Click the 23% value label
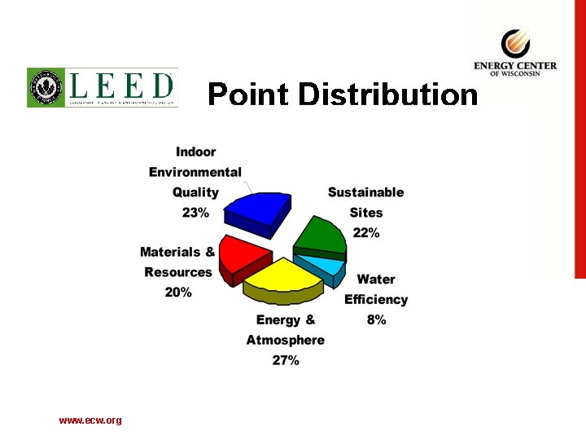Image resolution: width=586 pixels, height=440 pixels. pyautogui.click(x=195, y=212)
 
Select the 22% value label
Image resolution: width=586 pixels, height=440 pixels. pyautogui.click(x=366, y=232)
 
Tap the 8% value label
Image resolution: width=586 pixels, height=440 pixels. pyautogui.click(x=376, y=319)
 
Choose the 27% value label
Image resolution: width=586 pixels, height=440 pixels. pyautogui.click(x=286, y=359)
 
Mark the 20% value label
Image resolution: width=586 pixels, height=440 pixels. pyautogui.click(x=178, y=292)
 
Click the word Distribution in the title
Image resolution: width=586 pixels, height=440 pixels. pyautogui.click(x=387, y=95)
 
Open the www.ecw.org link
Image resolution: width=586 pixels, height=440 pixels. pyautogui.click(x=90, y=420)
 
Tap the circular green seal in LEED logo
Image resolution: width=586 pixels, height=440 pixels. pyautogui.click(x=46, y=87)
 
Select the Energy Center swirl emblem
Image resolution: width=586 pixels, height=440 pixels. pyautogui.click(x=514, y=43)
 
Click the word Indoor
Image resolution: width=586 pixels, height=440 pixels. pyautogui.click(x=196, y=152)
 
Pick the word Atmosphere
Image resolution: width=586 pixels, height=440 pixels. pyautogui.click(x=286, y=340)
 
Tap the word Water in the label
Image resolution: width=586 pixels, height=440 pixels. pyautogui.click(x=376, y=279)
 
